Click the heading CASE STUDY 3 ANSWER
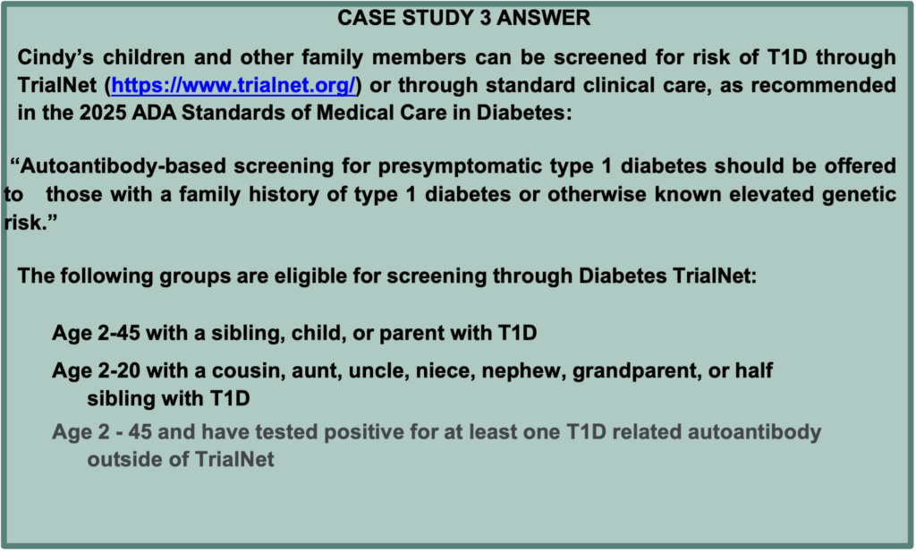click(x=464, y=18)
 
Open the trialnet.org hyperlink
click(x=233, y=85)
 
